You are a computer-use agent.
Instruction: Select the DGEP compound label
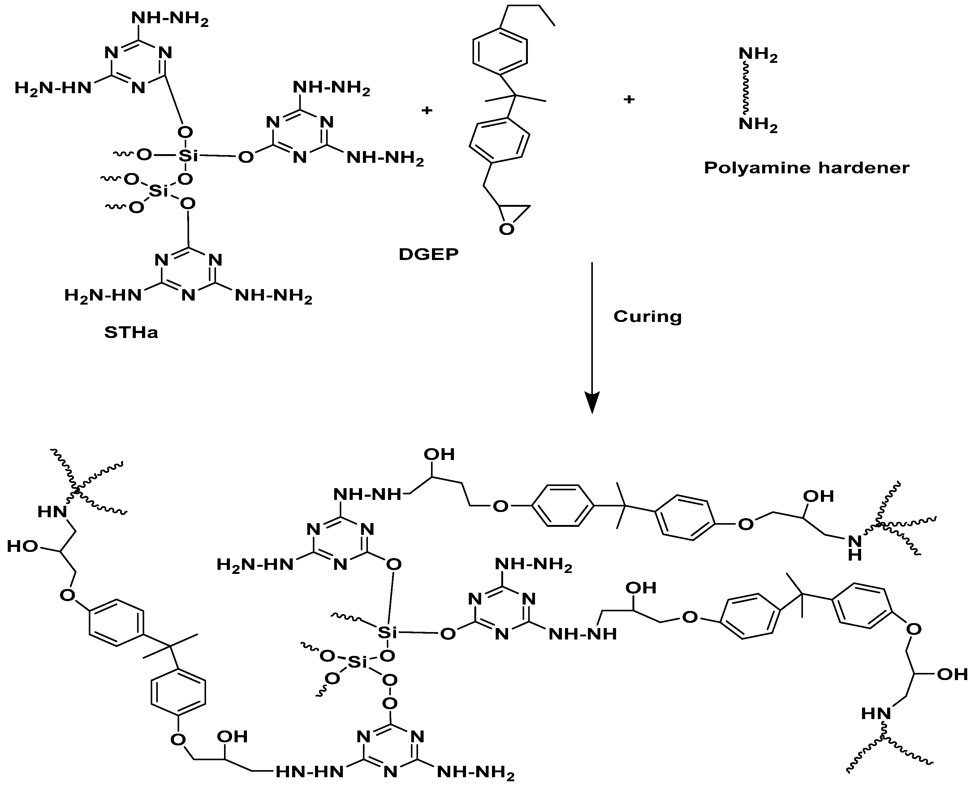point(429,254)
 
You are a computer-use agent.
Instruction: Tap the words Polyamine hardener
point(806,168)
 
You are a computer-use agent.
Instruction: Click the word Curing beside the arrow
point(647,316)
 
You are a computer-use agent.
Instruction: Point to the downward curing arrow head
point(592,402)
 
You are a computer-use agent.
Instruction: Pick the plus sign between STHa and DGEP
point(427,110)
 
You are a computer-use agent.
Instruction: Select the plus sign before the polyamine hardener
point(629,99)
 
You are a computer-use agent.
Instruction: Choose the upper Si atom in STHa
point(188,156)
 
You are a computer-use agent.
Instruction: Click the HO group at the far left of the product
point(22,546)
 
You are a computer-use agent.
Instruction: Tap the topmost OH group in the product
point(439,454)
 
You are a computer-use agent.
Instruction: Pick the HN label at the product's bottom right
point(875,713)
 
